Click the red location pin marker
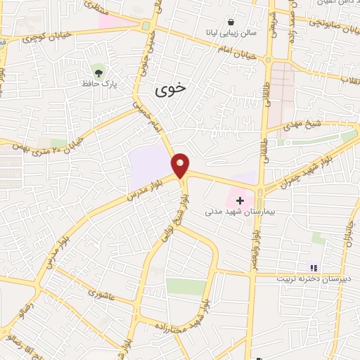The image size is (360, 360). pos(181,165)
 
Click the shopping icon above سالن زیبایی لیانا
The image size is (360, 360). pos(231,22)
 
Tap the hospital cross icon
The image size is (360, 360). pos(240,200)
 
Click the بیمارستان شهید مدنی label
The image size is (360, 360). pos(246,212)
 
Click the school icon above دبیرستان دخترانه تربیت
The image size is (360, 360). pos(314,267)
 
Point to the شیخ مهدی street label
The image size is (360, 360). pos(303,124)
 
